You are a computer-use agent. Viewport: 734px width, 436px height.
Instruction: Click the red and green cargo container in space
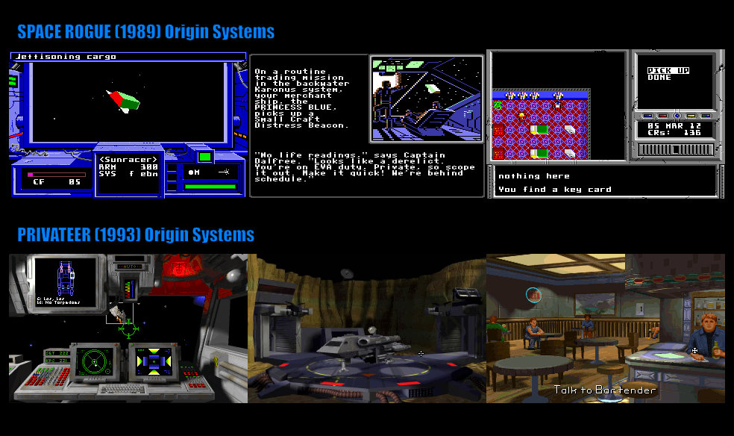[x=123, y=98]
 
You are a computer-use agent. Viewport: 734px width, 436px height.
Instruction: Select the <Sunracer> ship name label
[x=129, y=159]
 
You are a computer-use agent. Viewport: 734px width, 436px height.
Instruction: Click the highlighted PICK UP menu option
[x=668, y=70]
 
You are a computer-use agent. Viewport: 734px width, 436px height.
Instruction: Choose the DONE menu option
[x=659, y=78]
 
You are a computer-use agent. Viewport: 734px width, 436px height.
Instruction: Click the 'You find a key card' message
[x=554, y=190]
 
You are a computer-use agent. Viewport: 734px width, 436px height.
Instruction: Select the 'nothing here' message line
[x=533, y=176]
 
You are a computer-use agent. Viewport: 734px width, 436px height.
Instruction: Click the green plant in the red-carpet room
[x=498, y=105]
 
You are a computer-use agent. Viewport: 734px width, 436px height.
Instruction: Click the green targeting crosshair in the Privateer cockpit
[x=129, y=326]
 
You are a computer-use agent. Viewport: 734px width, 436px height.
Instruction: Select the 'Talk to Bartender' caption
[x=605, y=390]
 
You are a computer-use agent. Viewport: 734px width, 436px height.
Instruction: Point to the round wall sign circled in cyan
[x=533, y=295]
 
